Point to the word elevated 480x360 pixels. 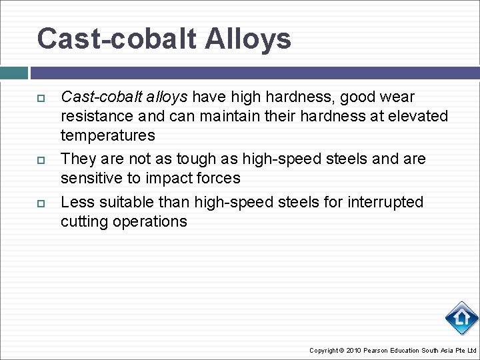tap(417, 117)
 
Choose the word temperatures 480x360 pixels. tap(107, 136)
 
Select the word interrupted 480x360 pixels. tap(385, 202)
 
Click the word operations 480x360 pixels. tap(149, 221)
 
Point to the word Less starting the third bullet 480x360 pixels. tap(75, 202)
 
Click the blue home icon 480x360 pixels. tap(461, 318)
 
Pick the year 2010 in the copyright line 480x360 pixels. tap(355, 351)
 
